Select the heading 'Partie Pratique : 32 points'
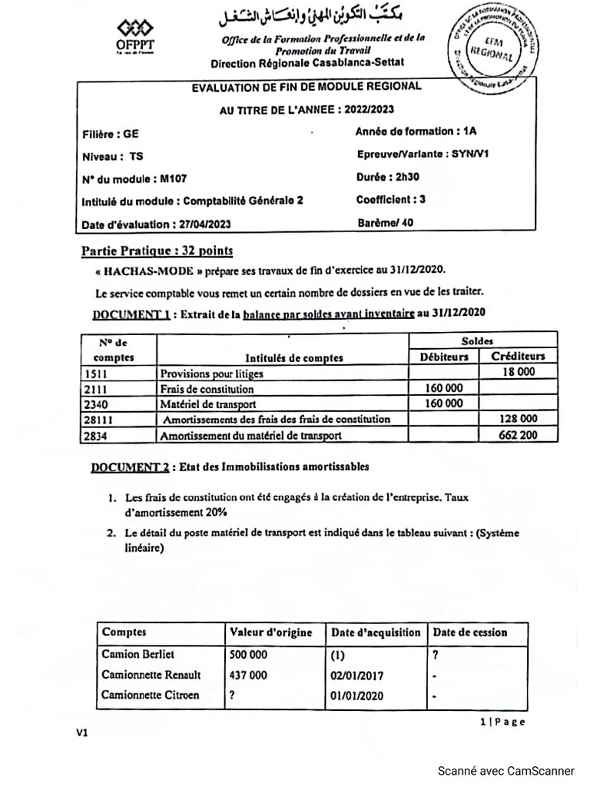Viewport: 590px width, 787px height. (x=157, y=251)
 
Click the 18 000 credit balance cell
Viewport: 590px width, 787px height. (x=519, y=373)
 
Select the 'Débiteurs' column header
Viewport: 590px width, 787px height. (x=443, y=357)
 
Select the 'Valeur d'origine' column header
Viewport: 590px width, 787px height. (x=271, y=633)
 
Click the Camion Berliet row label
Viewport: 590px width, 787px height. (x=138, y=654)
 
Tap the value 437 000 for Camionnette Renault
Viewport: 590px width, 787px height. (x=248, y=675)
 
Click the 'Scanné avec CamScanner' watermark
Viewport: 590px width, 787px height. (x=505, y=770)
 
